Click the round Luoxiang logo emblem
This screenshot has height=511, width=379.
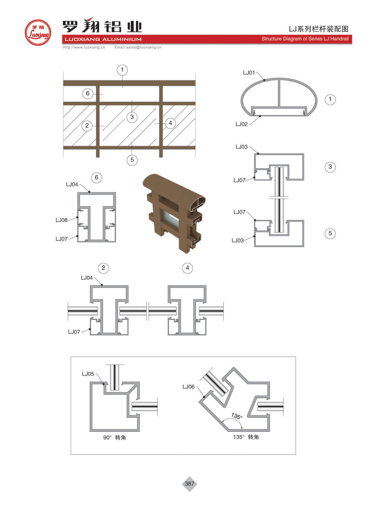[38, 33]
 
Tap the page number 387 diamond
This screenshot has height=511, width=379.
[189, 484]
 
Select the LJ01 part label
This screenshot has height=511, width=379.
[249, 73]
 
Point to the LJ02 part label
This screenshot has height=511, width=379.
[242, 124]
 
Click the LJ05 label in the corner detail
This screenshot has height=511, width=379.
[88, 374]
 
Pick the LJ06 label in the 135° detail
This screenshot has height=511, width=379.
[188, 387]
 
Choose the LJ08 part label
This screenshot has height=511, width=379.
[61, 220]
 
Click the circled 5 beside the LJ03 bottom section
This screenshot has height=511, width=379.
[330, 233]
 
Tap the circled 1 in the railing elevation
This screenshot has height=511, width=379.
[122, 70]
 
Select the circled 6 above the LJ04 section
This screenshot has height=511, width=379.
[96, 178]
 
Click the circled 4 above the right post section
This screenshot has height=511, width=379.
[187, 268]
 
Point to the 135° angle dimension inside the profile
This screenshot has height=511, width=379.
[237, 416]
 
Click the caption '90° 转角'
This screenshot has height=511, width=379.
[115, 438]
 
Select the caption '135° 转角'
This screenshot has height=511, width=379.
[246, 437]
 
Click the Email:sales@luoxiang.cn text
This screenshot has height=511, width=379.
[138, 47]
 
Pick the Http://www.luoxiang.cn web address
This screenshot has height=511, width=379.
[84, 47]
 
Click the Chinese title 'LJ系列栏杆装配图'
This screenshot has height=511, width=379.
[318, 29]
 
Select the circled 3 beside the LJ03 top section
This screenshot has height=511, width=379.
[330, 167]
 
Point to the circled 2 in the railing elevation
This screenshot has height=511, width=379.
[87, 126]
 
